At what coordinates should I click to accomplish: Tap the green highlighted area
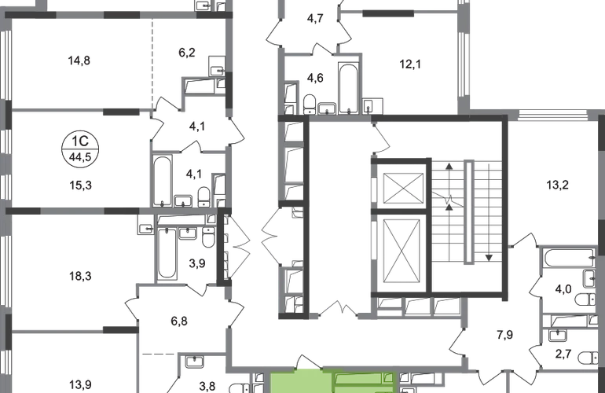(330, 382)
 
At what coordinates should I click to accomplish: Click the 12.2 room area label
(559, 186)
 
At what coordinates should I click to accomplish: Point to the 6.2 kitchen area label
(186, 54)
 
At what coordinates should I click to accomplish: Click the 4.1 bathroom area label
(191, 174)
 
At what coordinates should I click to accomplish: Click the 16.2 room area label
(82, 276)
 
